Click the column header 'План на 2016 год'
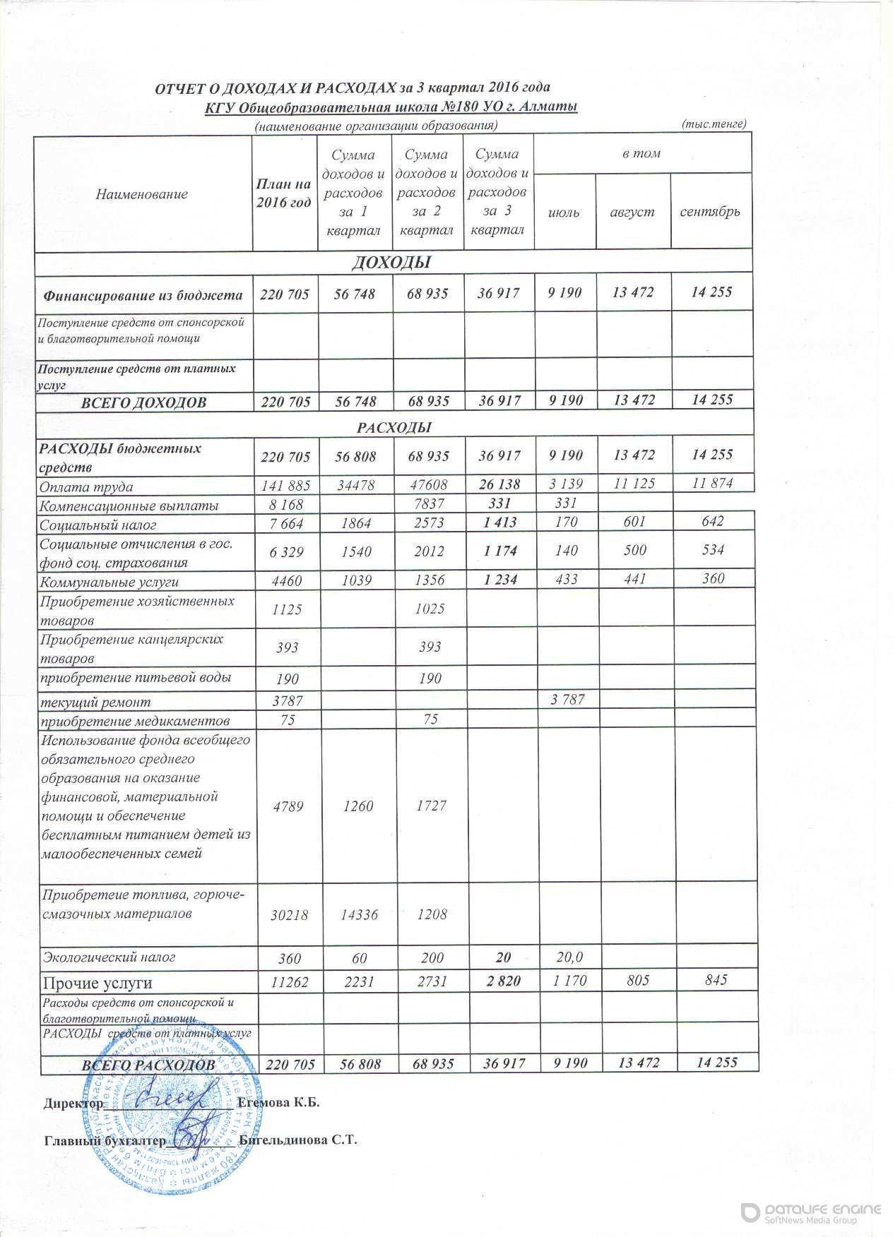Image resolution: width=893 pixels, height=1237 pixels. click(x=285, y=193)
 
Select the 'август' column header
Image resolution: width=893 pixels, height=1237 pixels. click(x=632, y=212)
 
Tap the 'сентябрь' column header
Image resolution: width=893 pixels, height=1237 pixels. click(x=709, y=212)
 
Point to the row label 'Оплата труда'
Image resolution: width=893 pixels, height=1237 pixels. click(x=87, y=487)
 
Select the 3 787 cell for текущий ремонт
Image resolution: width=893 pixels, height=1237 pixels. click(x=569, y=700)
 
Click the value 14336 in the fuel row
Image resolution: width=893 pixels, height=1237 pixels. click(x=356, y=915)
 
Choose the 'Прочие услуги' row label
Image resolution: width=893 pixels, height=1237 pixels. click(x=97, y=983)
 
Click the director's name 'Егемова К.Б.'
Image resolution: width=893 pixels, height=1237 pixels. click(x=280, y=1103)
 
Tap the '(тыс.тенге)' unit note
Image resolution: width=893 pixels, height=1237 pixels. click(x=714, y=124)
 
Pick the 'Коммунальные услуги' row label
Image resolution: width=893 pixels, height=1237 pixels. click(x=110, y=582)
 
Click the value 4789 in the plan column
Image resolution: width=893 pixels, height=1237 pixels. click(x=285, y=806)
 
